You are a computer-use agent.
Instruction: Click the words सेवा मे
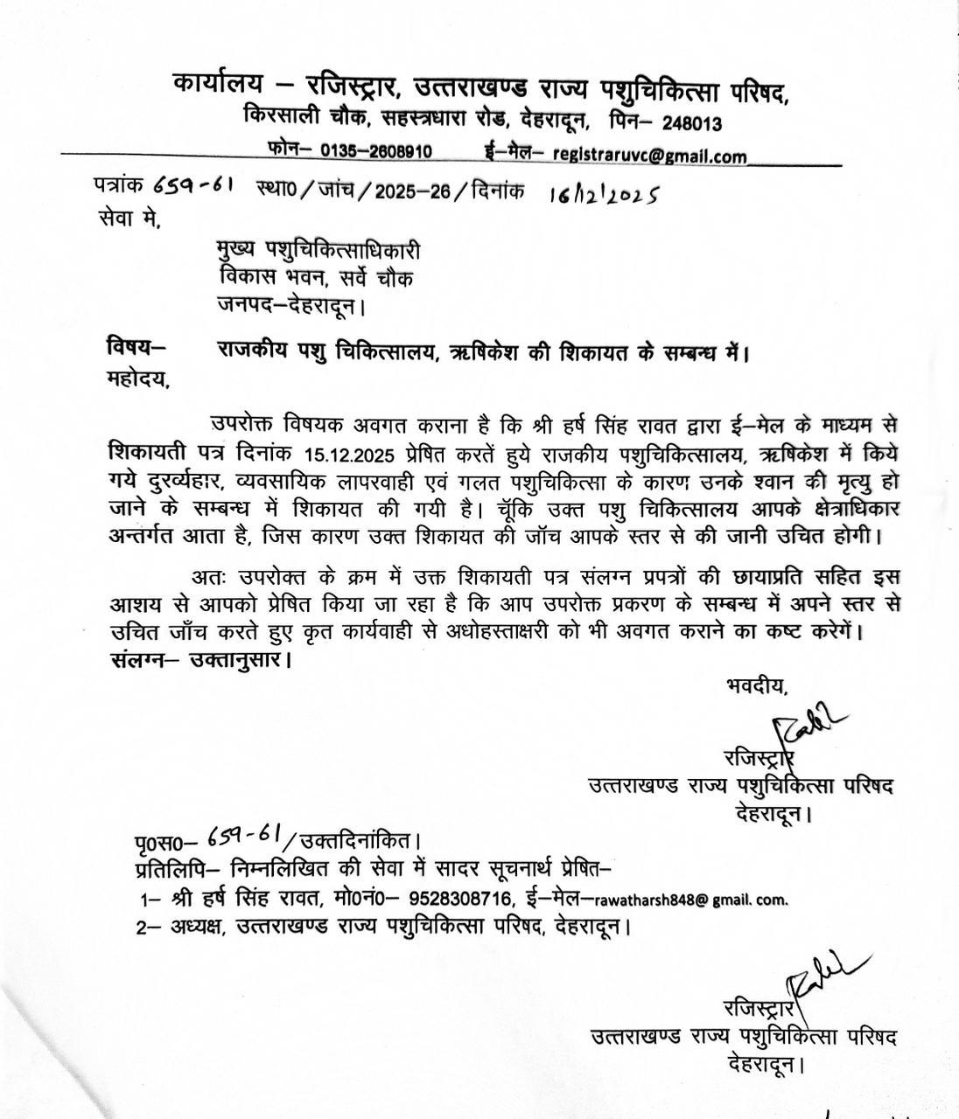coord(130,219)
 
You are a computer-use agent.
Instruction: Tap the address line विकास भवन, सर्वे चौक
coord(316,279)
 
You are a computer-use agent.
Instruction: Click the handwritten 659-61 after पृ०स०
coord(244,837)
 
